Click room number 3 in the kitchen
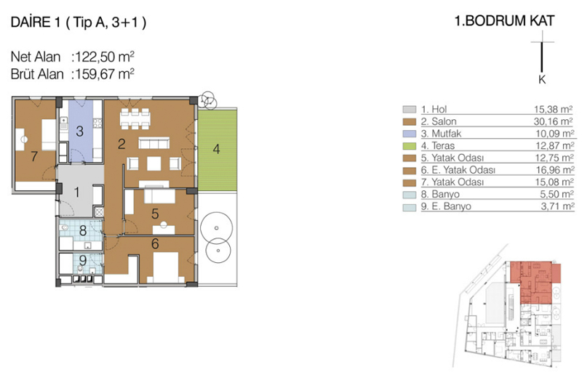pyautogui.click(x=80, y=131)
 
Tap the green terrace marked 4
pyautogui.click(x=217, y=150)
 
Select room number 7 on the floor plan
pyautogui.click(x=34, y=156)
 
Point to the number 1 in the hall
pyautogui.click(x=77, y=192)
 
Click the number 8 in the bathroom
pyautogui.click(x=83, y=231)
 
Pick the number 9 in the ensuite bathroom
pyautogui.click(x=83, y=260)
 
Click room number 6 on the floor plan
pyautogui.click(x=155, y=243)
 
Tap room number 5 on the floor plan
pyautogui.click(x=155, y=214)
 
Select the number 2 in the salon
pyautogui.click(x=121, y=144)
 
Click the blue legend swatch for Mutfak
pyautogui.click(x=410, y=134)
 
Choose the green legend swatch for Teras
pyautogui.click(x=410, y=146)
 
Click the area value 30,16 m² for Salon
pyautogui.click(x=554, y=121)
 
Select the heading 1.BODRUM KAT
pyautogui.click(x=504, y=21)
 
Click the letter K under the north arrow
pyautogui.click(x=542, y=80)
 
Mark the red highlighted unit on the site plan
pyautogui.click(x=535, y=282)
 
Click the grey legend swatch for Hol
pyautogui.click(x=410, y=109)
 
